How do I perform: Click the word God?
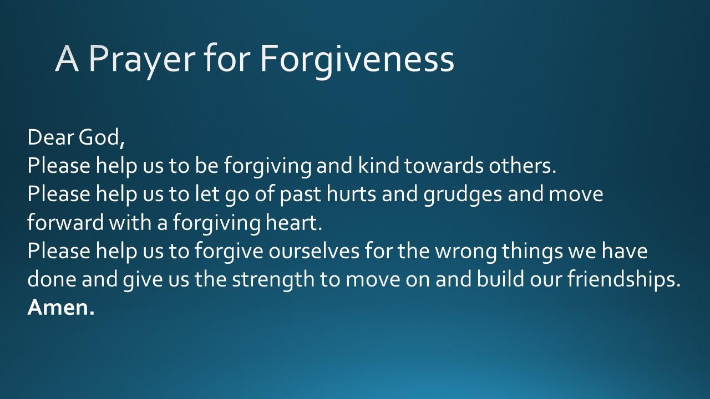pos(102,138)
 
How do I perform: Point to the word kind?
pos(379,165)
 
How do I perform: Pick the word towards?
pos(444,166)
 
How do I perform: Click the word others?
pos(523,166)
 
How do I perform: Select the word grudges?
pos(463,195)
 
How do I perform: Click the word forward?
pos(65,222)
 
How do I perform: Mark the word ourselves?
pos(314,250)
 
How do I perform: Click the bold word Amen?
pos(61,308)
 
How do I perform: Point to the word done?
pos(52,279)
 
